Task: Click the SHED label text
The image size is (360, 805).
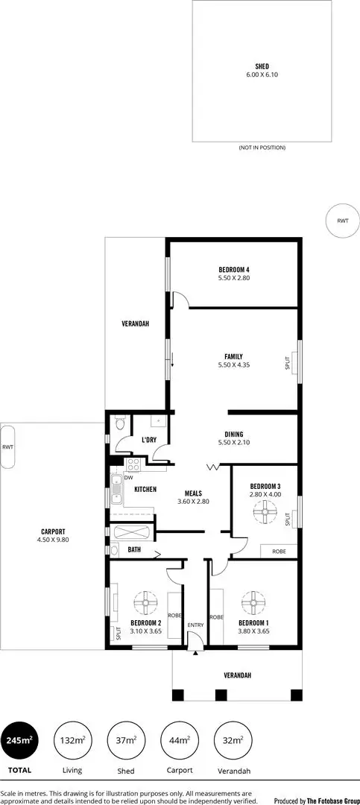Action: pos(262,66)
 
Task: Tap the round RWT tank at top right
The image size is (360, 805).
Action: pos(342,221)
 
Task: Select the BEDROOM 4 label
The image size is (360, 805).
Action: pos(233,269)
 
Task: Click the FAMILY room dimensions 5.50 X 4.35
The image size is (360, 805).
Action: pos(233,365)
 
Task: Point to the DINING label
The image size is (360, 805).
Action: pos(233,435)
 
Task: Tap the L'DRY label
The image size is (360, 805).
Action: pos(149,441)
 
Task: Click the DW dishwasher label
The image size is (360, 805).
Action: pos(129,478)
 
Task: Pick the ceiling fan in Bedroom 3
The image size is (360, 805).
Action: pos(265,512)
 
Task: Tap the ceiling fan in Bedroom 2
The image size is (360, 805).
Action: pos(143,601)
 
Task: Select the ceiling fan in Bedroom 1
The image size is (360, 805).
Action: pos(253,601)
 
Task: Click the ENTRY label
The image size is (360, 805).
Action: pos(195,625)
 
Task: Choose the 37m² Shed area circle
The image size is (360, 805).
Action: pos(126,741)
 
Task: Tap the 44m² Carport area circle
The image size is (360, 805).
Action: pos(179,741)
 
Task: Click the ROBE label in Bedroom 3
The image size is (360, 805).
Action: pos(279,552)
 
